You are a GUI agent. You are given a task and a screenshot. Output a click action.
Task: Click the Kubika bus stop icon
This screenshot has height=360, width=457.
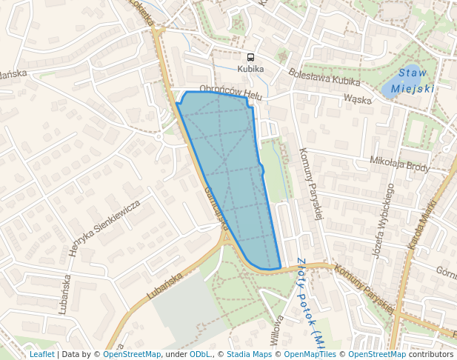point(250,57)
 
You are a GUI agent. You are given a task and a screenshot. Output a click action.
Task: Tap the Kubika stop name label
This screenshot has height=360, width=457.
point(250,69)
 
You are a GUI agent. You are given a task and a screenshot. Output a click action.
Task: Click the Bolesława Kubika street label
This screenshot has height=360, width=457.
point(324,77)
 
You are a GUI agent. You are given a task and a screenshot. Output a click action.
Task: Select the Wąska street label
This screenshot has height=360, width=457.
point(357,99)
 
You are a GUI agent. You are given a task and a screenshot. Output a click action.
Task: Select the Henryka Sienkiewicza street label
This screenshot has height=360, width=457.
point(104,228)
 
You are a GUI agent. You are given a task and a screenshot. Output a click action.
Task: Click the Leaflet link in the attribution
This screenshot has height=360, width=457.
point(41,354)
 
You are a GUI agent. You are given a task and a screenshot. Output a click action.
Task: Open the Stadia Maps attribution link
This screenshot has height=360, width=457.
point(249,354)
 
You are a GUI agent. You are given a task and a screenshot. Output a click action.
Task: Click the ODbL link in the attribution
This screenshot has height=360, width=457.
point(200,354)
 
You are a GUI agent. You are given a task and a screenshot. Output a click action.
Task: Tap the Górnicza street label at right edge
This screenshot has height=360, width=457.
point(446,272)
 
